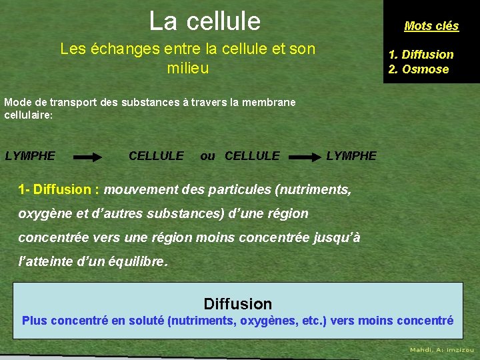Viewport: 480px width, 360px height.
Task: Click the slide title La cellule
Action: tap(205, 21)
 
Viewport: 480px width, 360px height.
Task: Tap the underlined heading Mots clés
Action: tap(431, 26)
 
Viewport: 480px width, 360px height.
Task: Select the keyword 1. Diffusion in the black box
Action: tap(421, 55)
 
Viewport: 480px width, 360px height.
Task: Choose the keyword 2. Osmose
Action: tap(418, 69)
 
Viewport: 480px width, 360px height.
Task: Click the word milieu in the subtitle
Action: tap(187, 68)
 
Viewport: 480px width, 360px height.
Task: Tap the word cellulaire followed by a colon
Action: tap(28, 115)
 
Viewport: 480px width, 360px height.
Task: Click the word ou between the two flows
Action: tap(208, 156)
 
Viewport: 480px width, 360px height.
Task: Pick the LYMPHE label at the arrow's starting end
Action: tap(30, 156)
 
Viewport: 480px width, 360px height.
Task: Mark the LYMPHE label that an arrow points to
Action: tap(351, 156)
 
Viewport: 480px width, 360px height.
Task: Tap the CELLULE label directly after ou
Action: tap(252, 156)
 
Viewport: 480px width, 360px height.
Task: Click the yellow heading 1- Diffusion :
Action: tap(59, 189)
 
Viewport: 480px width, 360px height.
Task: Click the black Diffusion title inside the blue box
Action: tap(238, 304)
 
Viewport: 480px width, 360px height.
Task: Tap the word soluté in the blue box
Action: tap(146, 321)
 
